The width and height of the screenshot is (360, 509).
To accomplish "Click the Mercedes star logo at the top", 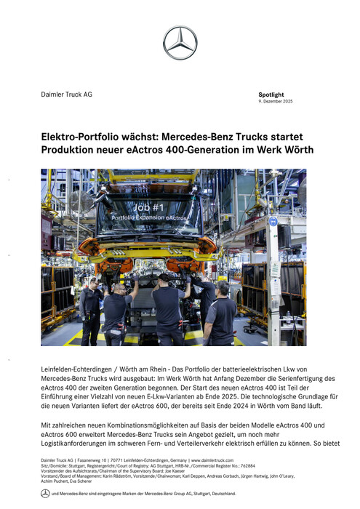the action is [180, 42].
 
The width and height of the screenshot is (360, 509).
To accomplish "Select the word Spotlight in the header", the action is [271, 95].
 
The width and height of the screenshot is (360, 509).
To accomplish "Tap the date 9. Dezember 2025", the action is [276, 102].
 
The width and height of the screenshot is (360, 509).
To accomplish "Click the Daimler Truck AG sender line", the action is [66, 95].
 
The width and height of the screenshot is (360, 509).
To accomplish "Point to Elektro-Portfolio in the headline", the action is [82, 136].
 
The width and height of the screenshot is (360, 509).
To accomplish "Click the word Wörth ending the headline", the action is [297, 150].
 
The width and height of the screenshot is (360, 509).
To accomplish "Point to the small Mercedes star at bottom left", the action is [45, 494].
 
